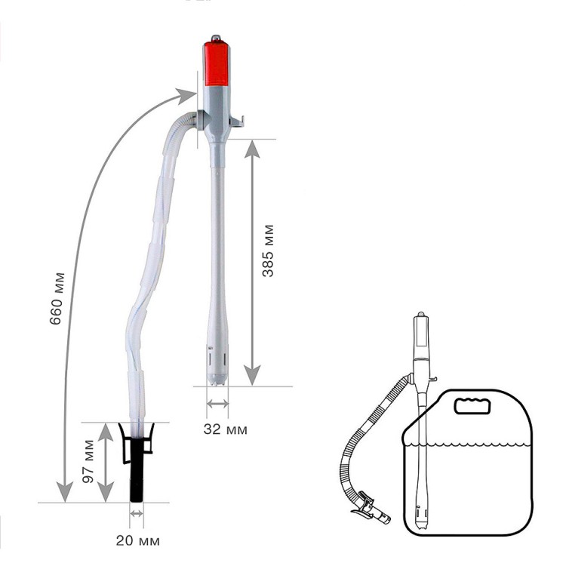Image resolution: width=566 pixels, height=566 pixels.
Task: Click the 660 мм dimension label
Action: point(58,299)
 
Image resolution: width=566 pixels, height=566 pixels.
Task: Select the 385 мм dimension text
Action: point(268,251)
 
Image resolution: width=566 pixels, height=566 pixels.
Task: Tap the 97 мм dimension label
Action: point(88,461)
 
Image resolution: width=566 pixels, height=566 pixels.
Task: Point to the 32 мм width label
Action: point(225,429)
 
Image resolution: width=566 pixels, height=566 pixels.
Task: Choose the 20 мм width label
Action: point(137,540)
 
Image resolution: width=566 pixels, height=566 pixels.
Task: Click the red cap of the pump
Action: point(217,63)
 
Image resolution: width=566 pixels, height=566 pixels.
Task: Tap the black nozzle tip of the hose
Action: point(137,470)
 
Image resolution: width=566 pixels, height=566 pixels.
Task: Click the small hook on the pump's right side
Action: point(237,122)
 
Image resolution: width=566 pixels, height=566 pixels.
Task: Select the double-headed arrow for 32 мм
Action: point(217,404)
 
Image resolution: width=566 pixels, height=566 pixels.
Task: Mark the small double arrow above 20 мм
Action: point(137,513)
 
